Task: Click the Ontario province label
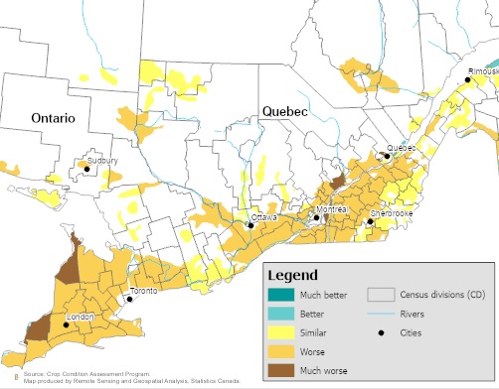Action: pyautogui.click(x=53, y=117)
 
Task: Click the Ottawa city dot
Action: pyautogui.click(x=250, y=225)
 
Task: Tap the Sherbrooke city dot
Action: pyautogui.click(x=370, y=222)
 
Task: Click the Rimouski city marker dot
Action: pyautogui.click(x=468, y=79)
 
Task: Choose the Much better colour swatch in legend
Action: pyautogui.click(x=281, y=295)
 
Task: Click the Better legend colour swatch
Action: pyautogui.click(x=281, y=314)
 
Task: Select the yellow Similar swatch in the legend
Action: pyautogui.click(x=281, y=332)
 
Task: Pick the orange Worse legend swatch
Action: pyautogui.click(x=281, y=351)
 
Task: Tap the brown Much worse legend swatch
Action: pyautogui.click(x=281, y=370)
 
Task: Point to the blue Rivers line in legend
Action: pyautogui.click(x=380, y=315)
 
